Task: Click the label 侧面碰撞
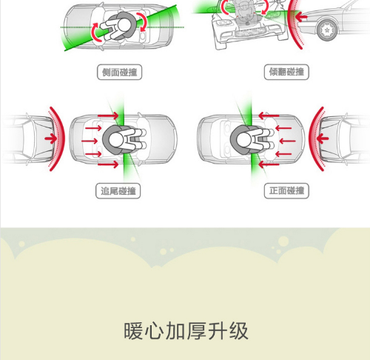[x=119, y=72]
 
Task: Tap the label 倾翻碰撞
[x=286, y=72]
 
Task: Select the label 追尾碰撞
[x=118, y=191]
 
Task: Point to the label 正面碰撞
[x=286, y=191]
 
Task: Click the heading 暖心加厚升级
[x=186, y=331]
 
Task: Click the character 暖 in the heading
[x=133, y=331]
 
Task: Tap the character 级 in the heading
[x=239, y=331]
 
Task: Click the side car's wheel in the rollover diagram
[x=327, y=30]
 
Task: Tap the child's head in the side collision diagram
[x=124, y=25]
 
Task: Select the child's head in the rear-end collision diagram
[x=116, y=140]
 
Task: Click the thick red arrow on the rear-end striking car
[x=51, y=139]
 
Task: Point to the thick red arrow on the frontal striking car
[x=323, y=139]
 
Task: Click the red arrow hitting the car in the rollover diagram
[x=301, y=17]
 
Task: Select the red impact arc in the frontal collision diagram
[x=312, y=139]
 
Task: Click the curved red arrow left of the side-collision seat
[x=94, y=33]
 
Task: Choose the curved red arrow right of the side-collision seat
[x=144, y=21]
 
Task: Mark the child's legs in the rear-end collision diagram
[x=136, y=140]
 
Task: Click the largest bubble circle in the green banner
[x=283, y=241]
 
